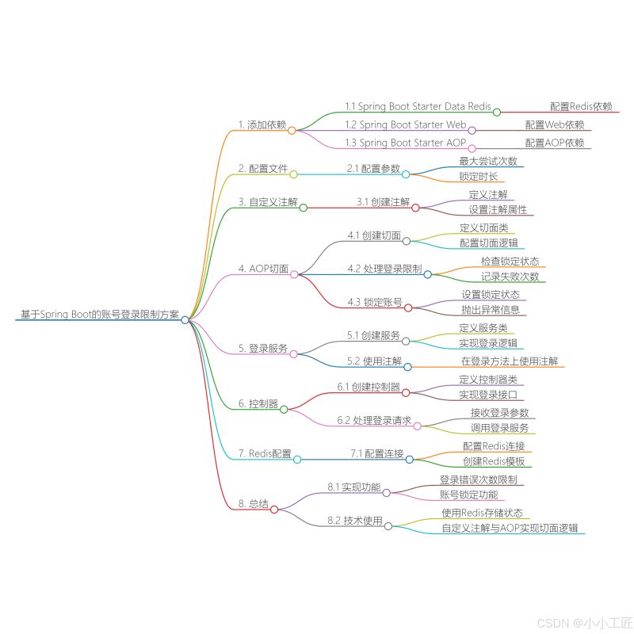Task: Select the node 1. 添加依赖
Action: click(x=262, y=124)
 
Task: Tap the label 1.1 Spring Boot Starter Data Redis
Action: click(x=418, y=105)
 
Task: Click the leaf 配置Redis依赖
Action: click(x=581, y=105)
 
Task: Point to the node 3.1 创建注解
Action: click(x=383, y=202)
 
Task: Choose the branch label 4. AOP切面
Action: click(x=263, y=269)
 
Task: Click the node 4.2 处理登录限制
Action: click(x=384, y=269)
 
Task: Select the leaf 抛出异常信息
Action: click(x=491, y=310)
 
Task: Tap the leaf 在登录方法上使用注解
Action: click(x=510, y=361)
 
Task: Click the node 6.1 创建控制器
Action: click(x=369, y=387)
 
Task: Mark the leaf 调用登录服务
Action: click(x=499, y=428)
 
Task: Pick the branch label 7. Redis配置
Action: click(x=265, y=453)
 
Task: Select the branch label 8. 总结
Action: click(x=253, y=504)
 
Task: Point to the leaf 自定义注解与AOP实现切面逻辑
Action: click(x=510, y=528)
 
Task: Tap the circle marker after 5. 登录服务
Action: click(x=293, y=353)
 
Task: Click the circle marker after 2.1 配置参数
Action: click(x=406, y=174)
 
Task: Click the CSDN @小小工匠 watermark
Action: click(x=585, y=622)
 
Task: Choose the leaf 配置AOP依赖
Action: click(x=554, y=143)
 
